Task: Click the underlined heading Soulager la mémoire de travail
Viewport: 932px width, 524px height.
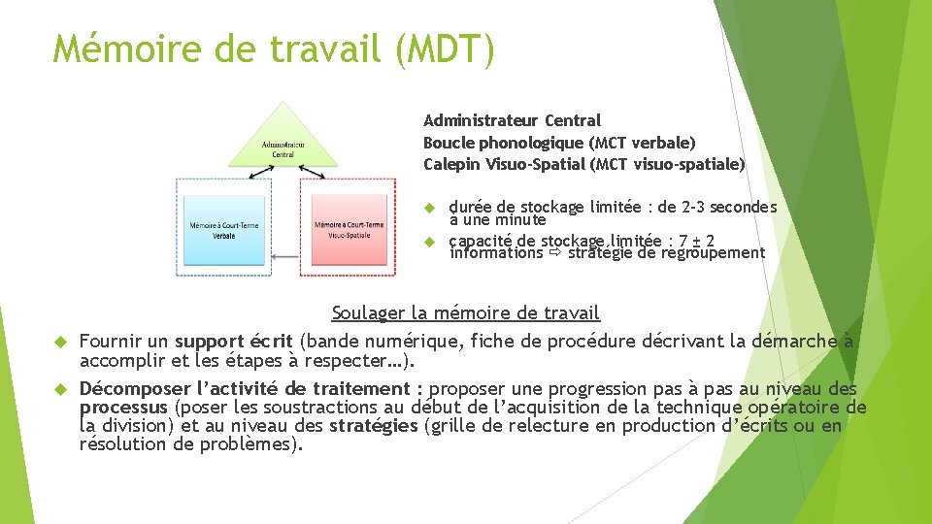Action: point(465,312)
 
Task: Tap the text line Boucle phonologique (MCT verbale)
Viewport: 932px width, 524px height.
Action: point(559,142)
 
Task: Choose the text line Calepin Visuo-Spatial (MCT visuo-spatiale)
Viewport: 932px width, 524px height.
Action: point(583,164)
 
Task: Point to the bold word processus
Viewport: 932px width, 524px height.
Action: point(123,407)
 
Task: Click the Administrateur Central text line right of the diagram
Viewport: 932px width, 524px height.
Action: point(512,120)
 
